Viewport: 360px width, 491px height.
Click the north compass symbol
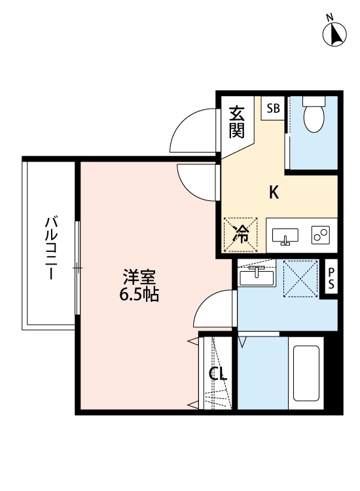point(336,34)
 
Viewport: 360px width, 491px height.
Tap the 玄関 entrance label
point(237,122)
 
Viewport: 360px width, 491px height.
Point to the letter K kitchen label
point(275,192)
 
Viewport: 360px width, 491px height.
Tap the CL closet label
point(217,374)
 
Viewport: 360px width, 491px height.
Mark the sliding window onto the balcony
point(77,268)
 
